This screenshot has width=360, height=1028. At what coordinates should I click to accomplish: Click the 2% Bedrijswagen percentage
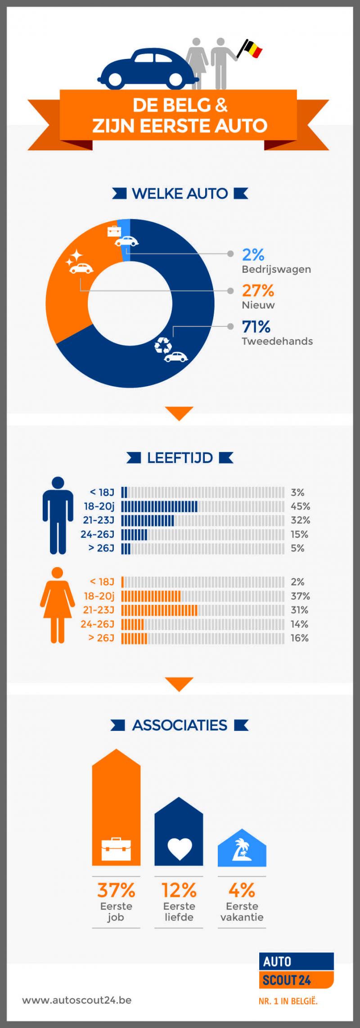click(253, 255)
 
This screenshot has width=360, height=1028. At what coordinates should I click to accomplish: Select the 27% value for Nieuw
click(258, 291)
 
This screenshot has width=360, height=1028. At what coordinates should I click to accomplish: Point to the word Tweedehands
click(277, 341)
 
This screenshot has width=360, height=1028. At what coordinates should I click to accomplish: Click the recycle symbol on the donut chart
click(163, 345)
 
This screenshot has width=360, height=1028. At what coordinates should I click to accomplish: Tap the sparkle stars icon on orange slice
click(75, 258)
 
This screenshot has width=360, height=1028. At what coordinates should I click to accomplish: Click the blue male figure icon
click(58, 515)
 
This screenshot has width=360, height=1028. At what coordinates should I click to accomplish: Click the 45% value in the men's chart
click(300, 506)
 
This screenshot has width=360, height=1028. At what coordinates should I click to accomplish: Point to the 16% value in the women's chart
click(299, 638)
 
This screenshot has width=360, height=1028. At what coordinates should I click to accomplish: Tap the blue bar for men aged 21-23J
click(148, 520)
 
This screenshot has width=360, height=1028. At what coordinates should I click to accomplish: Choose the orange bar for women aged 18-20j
click(151, 596)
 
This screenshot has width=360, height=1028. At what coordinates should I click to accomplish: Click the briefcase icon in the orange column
click(116, 849)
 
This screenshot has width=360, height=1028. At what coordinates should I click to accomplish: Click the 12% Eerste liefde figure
click(179, 890)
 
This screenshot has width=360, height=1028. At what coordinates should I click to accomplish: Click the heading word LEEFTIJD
click(180, 458)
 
